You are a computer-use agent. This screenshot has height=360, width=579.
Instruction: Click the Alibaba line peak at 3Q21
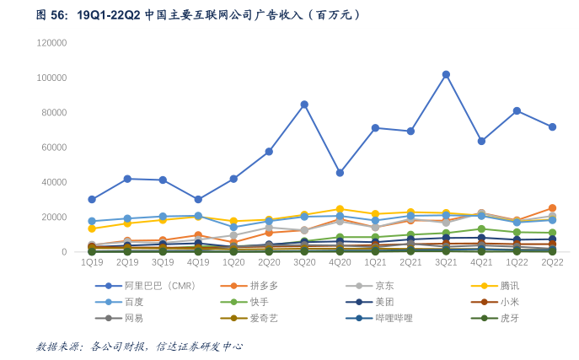click(446, 74)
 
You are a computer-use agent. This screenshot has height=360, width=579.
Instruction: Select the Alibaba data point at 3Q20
click(304, 105)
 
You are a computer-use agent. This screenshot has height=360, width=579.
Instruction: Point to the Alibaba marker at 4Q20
click(340, 173)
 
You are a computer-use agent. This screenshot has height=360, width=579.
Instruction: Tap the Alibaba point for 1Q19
click(92, 200)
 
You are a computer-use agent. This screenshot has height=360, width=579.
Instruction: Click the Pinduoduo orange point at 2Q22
click(552, 208)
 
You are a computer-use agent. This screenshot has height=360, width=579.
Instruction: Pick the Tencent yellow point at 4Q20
click(340, 209)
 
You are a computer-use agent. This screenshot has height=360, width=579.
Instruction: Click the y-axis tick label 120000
click(52, 43)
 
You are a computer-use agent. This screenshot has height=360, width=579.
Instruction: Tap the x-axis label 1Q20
click(233, 263)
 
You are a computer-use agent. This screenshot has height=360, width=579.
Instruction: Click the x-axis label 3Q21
click(446, 263)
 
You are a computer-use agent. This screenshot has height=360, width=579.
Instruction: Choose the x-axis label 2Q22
click(552, 263)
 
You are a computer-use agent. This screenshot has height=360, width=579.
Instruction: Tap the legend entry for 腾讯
click(510, 286)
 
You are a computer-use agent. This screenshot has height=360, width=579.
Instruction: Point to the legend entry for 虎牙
click(510, 318)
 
